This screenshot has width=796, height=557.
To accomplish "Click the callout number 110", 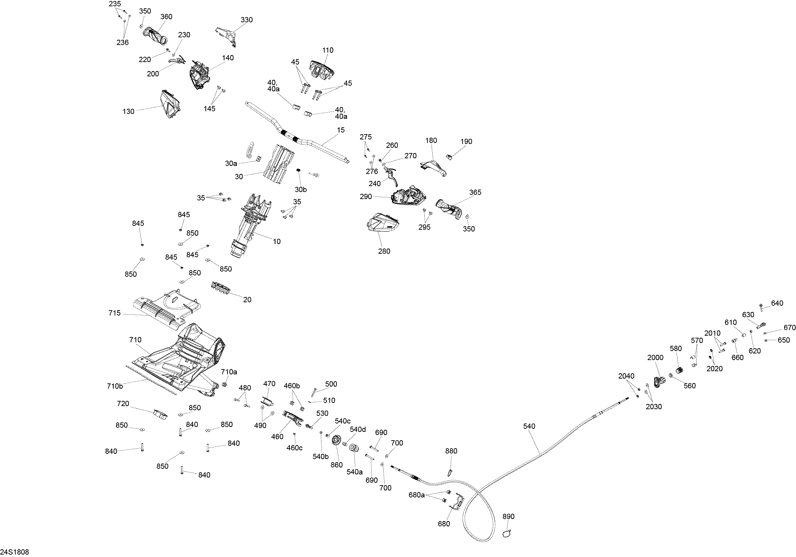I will pos(327,50).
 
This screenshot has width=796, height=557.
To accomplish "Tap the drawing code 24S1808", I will pos(15,552).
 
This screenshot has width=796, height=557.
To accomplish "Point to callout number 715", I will pos(114,313).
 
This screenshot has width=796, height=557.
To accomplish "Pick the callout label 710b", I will pos(115,386).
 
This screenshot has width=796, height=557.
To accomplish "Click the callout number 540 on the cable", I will pos(529,426).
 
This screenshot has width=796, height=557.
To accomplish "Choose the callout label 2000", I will pos(655,357).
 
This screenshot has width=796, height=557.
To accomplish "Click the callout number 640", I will pos(777,303).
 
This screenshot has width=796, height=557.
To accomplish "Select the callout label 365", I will pos(475,192).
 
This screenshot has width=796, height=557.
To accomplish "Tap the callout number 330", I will pos(247,20).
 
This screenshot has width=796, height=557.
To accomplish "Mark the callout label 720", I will pos(123,404).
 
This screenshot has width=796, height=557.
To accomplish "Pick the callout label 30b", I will pos(301,190).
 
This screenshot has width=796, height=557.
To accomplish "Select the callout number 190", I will pos(466,142).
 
